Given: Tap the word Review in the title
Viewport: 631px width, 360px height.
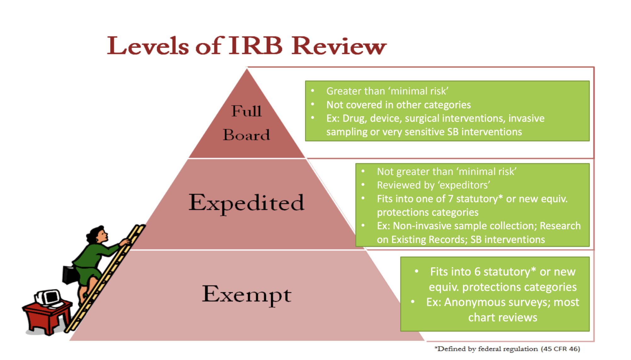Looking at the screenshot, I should click(x=339, y=46).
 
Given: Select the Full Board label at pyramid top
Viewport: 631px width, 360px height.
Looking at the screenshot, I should click(x=246, y=123).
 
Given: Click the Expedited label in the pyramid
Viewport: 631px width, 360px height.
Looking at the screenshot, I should click(x=246, y=203).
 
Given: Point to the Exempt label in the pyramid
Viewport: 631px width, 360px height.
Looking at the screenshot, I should click(x=246, y=294).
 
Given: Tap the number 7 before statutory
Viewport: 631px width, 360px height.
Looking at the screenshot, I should click(x=450, y=199).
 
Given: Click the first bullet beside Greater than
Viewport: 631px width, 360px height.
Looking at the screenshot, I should click(x=313, y=91).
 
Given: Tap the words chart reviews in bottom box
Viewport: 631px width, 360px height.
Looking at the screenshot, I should click(x=502, y=317).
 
